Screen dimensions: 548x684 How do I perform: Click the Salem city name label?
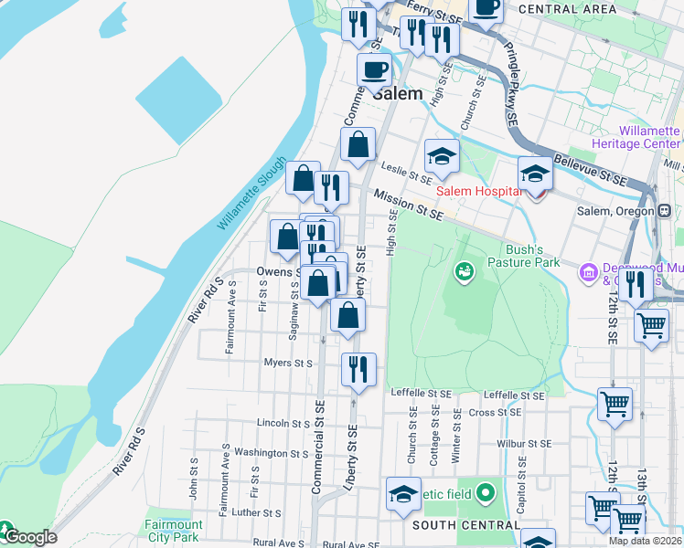pyautogui.click(x=398, y=93)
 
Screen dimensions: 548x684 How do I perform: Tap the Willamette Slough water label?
pyautogui.click(x=252, y=200)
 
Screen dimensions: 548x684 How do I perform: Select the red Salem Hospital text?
pyautogui.click(x=479, y=190)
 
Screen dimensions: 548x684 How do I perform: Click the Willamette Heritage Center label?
pyautogui.click(x=649, y=138)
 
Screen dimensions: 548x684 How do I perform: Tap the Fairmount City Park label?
pyautogui.click(x=173, y=532)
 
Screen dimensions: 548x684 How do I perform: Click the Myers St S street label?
pyautogui.click(x=290, y=363)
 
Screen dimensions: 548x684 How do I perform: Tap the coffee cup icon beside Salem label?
pyautogui.click(x=373, y=69)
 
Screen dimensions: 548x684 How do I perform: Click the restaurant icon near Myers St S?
pyautogui.click(x=358, y=368)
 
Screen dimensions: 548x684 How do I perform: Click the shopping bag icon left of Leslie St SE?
pyautogui.click(x=358, y=144)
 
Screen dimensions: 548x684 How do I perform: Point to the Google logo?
pyautogui.click(x=29, y=536)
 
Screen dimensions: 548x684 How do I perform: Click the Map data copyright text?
pyautogui.click(x=645, y=541)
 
